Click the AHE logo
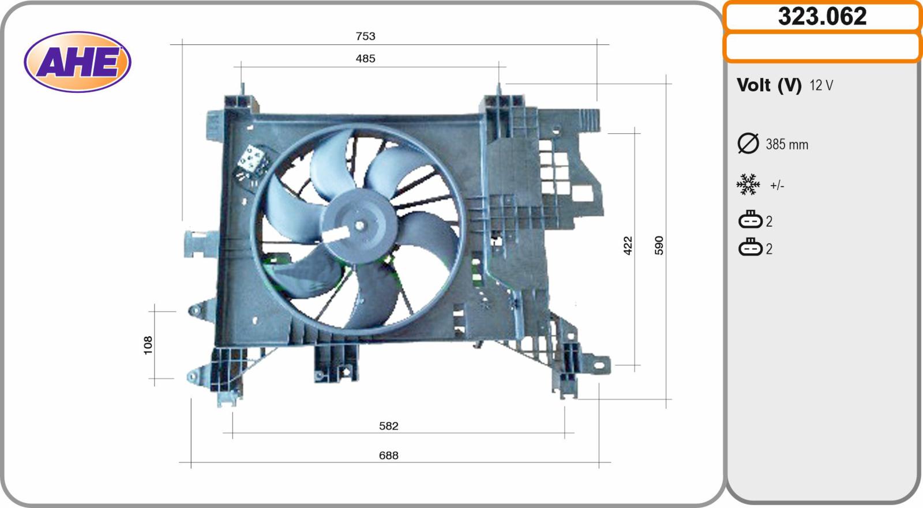77,62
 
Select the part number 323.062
822,17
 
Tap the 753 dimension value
366,36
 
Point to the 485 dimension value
366,58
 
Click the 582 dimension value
389,426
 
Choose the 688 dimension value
389,456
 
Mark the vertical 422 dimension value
628,246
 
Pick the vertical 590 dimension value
659,246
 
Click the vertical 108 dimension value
148,345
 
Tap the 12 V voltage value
821,85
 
